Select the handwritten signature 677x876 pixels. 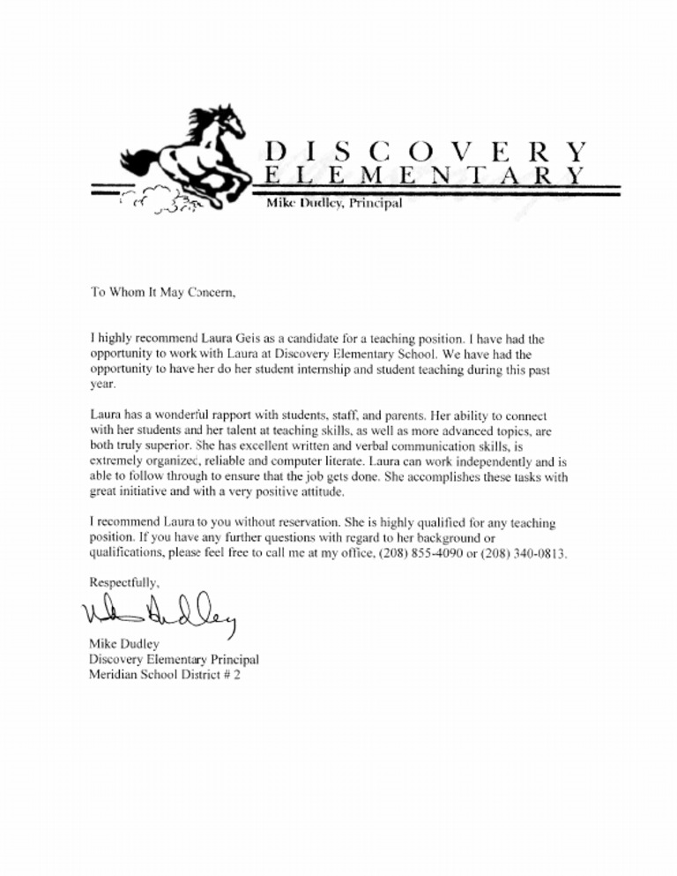click(164, 610)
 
